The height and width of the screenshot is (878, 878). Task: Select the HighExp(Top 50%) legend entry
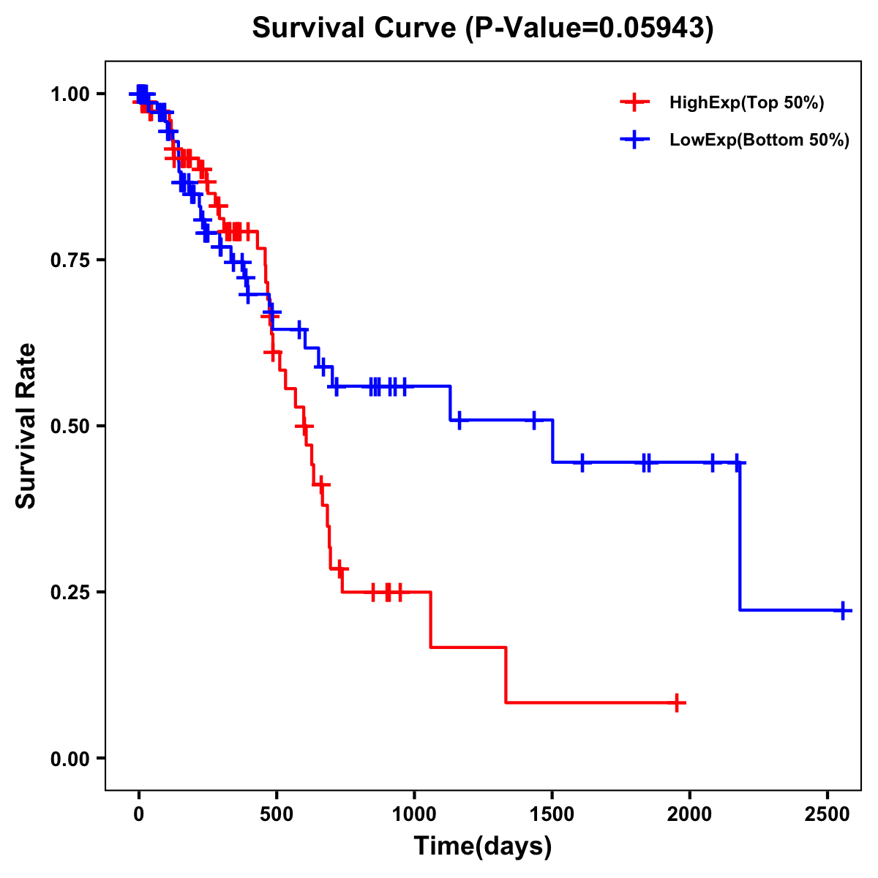pos(746,103)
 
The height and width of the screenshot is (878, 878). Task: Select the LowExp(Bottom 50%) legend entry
pos(759,140)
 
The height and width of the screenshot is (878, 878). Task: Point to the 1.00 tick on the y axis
pos(69,94)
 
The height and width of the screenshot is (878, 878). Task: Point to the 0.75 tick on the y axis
pos(69,260)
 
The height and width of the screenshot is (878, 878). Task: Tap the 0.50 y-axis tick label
pos(69,426)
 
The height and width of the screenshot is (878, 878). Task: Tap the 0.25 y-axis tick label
pos(69,592)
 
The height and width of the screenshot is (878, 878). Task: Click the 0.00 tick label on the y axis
pos(69,758)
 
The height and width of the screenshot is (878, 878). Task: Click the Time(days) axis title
pos(483,847)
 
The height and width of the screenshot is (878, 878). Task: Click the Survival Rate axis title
pos(27,425)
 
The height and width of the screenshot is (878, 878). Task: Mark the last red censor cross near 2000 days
pos(678,702)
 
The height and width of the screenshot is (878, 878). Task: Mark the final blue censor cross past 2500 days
pos(843,610)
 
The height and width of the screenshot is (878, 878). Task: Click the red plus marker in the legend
pos(635,103)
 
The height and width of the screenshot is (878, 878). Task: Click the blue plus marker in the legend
pos(635,140)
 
